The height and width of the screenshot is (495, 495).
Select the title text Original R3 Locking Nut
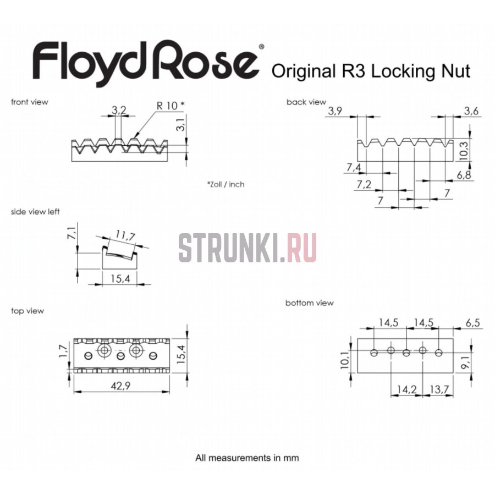point(371,71)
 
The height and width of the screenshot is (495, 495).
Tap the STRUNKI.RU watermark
point(248,247)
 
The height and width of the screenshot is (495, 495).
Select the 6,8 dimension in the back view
point(464,175)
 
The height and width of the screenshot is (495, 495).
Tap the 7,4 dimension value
point(354,167)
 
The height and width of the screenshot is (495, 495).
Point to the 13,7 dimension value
point(438,389)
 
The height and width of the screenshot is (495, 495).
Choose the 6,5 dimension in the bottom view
point(472,323)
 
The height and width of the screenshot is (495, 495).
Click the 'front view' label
point(29,102)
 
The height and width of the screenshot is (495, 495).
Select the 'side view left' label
point(35,212)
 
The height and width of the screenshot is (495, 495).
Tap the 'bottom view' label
point(309,303)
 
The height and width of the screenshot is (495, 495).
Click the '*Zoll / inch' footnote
point(226,184)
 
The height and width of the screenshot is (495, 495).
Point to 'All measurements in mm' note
point(247,457)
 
